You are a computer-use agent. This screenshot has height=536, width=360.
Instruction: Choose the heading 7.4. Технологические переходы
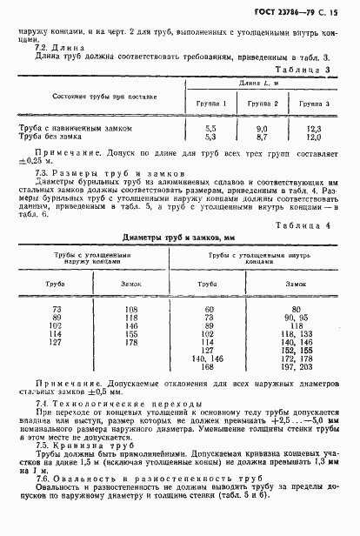(x=107, y=406)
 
